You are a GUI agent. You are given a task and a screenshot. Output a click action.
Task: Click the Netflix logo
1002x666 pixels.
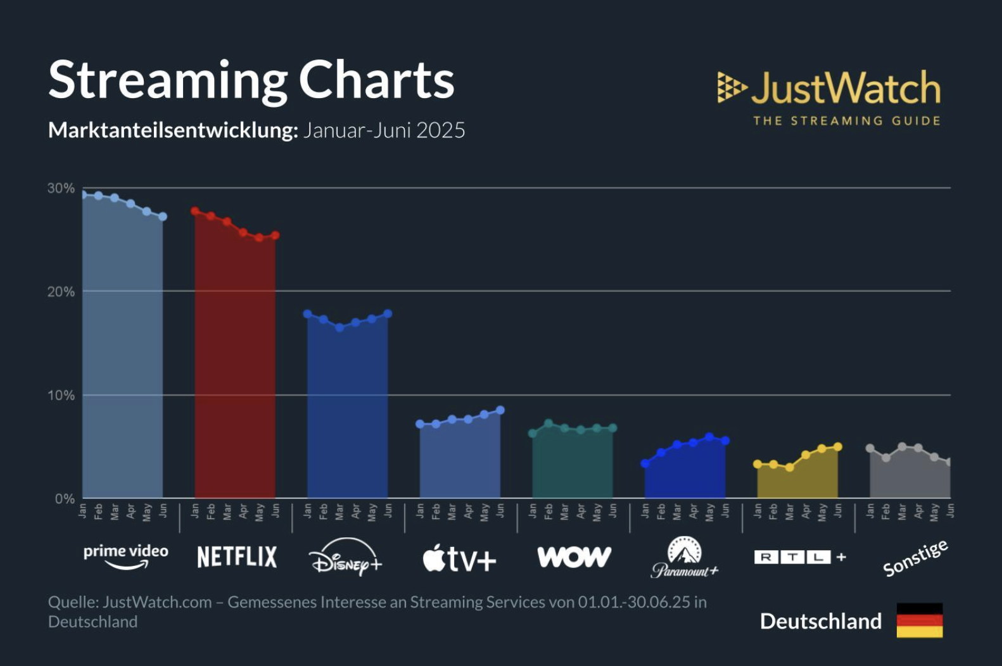(x=237, y=557)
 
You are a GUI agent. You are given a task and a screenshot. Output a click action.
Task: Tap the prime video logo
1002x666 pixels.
(x=126, y=555)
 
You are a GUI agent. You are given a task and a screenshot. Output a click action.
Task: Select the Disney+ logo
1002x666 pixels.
(x=346, y=557)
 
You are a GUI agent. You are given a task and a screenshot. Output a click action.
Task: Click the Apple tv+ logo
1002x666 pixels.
(x=459, y=558)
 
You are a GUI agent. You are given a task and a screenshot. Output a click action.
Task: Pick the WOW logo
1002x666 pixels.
(x=574, y=557)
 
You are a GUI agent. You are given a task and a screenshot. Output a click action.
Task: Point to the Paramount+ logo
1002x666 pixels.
(x=685, y=557)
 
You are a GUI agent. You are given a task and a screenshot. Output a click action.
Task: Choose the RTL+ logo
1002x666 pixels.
(x=800, y=557)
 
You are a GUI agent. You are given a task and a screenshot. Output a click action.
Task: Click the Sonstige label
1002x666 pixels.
(x=915, y=558)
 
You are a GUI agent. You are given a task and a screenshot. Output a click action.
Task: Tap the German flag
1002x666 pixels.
(x=920, y=620)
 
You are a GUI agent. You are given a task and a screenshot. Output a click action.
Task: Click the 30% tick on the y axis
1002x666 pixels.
(x=61, y=188)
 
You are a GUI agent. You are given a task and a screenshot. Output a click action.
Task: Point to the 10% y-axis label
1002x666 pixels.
(x=61, y=395)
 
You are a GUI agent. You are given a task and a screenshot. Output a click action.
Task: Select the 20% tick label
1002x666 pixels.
(x=61, y=292)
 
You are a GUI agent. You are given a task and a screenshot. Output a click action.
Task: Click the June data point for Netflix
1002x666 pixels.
(x=275, y=236)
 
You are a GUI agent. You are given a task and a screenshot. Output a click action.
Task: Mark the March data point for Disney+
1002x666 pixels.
(x=339, y=327)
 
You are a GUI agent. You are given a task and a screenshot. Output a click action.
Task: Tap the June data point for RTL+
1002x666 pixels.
(x=838, y=447)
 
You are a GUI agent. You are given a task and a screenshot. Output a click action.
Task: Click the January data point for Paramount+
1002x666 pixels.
(x=645, y=463)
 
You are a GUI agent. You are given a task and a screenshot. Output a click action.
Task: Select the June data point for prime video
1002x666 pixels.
(x=163, y=217)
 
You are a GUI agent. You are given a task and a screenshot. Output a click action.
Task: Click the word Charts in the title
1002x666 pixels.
(x=376, y=80)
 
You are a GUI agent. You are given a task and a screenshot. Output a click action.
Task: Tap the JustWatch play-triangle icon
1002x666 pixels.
(x=731, y=87)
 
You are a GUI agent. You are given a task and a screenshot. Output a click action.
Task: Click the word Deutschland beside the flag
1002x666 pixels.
(x=820, y=621)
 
